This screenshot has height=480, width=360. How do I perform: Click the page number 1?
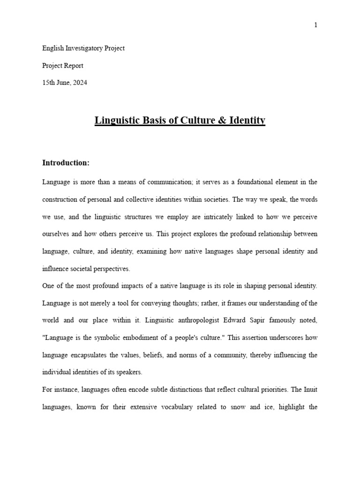coord(315,25)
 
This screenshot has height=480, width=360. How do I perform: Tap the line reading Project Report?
coord(63,66)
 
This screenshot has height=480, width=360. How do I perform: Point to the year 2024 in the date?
coord(79,82)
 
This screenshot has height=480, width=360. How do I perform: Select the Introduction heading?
coord(66,163)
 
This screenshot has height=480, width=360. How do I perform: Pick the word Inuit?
coord(309,390)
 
